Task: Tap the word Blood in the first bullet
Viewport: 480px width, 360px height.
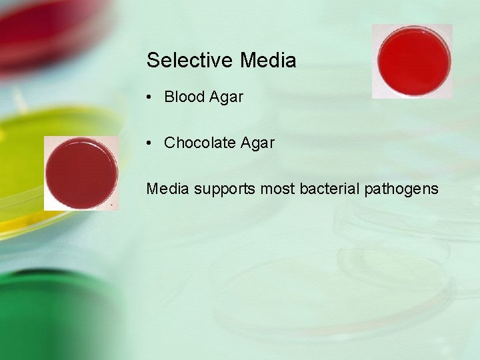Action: pos(184,97)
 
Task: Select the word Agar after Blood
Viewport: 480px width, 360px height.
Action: pos(226,97)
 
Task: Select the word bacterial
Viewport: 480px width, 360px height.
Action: pos(329,189)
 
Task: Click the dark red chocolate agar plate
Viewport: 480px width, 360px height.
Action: pos(81,172)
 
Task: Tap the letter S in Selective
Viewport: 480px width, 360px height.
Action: pos(153,61)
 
